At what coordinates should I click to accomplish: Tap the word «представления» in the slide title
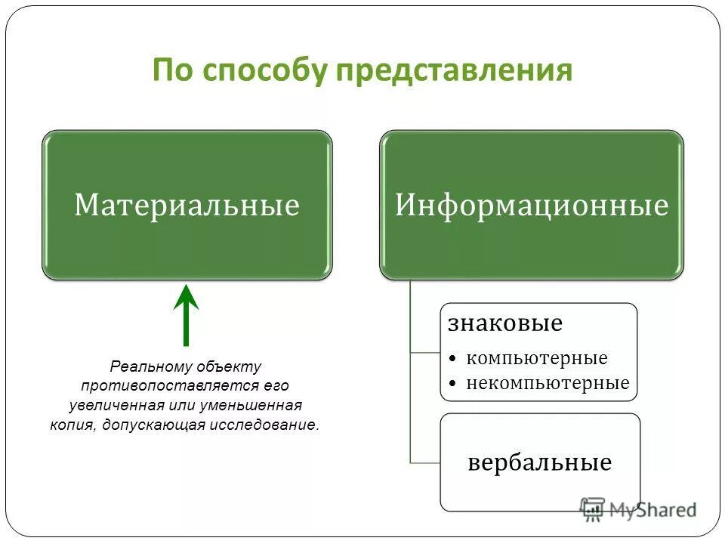(454, 71)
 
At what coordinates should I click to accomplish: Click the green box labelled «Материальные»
(187, 205)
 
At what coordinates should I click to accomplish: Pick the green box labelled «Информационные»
(532, 205)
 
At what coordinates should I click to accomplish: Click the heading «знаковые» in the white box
(505, 323)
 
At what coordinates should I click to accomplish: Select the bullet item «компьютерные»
(536, 357)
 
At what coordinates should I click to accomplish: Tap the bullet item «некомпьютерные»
(548, 382)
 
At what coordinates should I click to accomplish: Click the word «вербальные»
(539, 462)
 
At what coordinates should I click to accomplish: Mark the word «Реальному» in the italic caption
(152, 366)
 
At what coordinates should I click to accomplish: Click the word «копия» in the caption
(72, 424)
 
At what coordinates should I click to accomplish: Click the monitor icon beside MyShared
(593, 508)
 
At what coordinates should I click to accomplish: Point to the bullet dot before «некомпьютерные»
(452, 384)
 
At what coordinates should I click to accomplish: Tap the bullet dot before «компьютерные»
(452, 358)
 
